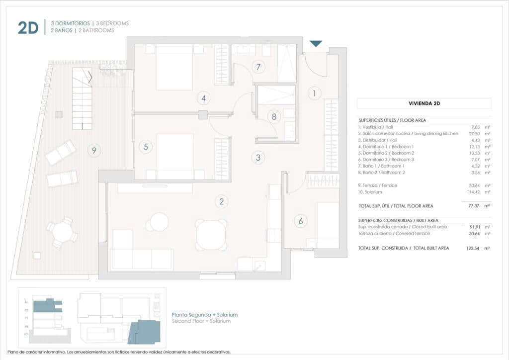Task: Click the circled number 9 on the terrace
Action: click(93, 150)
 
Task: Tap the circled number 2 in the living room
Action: click(222, 201)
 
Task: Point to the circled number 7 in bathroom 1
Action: click(258, 67)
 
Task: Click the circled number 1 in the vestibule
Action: click(314, 92)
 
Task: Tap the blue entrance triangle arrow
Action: click(316, 44)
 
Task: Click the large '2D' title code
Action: click(28, 28)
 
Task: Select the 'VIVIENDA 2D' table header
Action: click(424, 103)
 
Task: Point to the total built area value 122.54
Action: click(476, 248)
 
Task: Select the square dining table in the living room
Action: click(211, 235)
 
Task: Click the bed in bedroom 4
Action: click(174, 67)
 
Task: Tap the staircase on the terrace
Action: click(83, 98)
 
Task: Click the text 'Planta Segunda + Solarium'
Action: click(204, 315)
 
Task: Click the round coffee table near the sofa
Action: click(160, 222)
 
